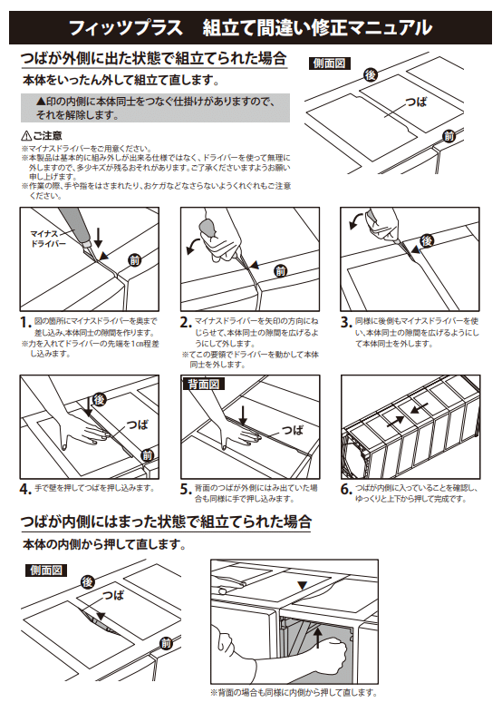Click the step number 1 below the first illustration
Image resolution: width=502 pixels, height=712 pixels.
(25, 322)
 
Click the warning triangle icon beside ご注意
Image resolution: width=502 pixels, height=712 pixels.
(26, 135)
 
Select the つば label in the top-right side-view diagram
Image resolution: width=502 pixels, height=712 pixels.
(416, 102)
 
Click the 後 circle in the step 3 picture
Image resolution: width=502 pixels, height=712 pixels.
(427, 240)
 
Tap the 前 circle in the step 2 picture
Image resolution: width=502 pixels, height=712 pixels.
(280, 269)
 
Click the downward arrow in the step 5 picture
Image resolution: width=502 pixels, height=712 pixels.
(244, 415)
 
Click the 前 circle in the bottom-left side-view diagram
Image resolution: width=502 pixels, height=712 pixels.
(165, 643)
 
